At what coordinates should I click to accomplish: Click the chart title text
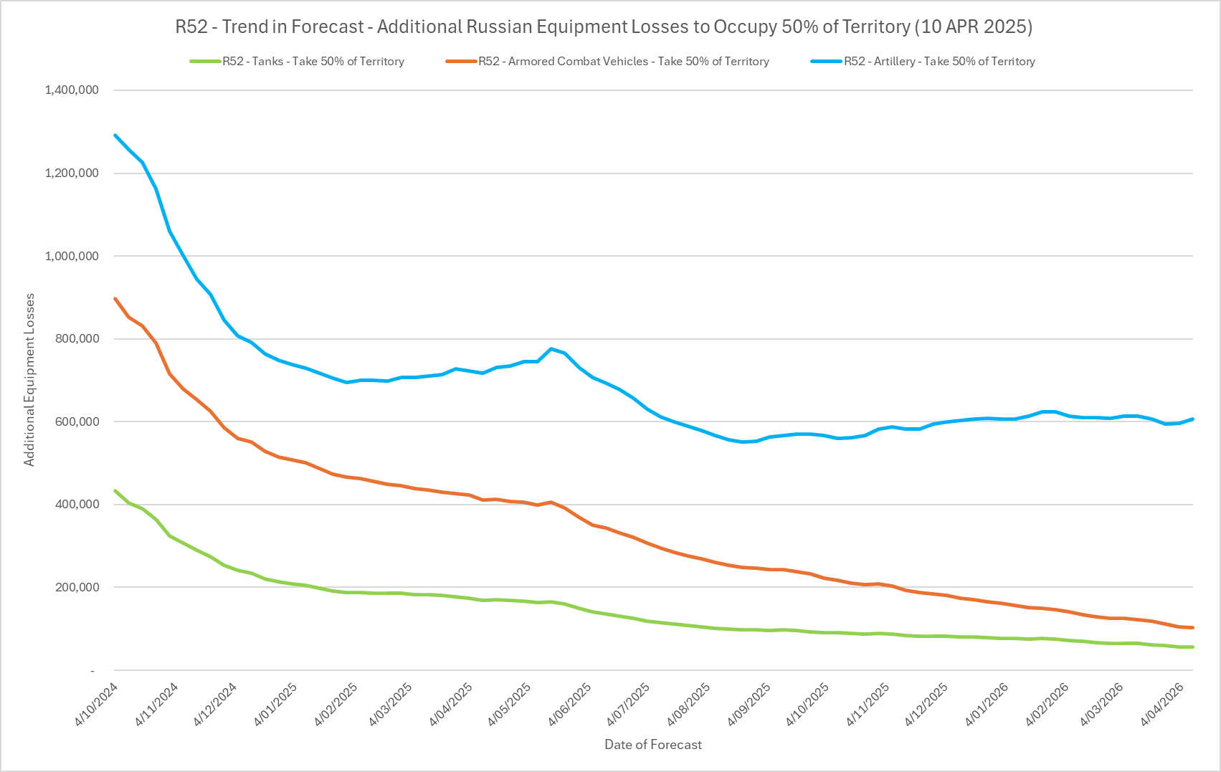coord(604,27)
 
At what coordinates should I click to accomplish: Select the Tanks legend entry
coord(313,62)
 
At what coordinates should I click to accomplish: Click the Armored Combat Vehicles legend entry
coord(623,62)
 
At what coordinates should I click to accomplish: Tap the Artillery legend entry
coord(939,62)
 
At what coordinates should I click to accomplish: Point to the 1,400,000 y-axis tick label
coord(71,90)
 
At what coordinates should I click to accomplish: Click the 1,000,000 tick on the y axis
coord(71,256)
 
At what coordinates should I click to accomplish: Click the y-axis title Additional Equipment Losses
coord(29,380)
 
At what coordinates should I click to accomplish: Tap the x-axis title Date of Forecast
coord(653,745)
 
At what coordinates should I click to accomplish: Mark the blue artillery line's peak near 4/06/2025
coord(551,348)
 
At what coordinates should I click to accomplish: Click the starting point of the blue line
coord(115,135)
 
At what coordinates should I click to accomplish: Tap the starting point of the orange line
coord(115,298)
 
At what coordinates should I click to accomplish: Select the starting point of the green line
coord(115,490)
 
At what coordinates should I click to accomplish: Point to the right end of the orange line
coord(1192,628)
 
